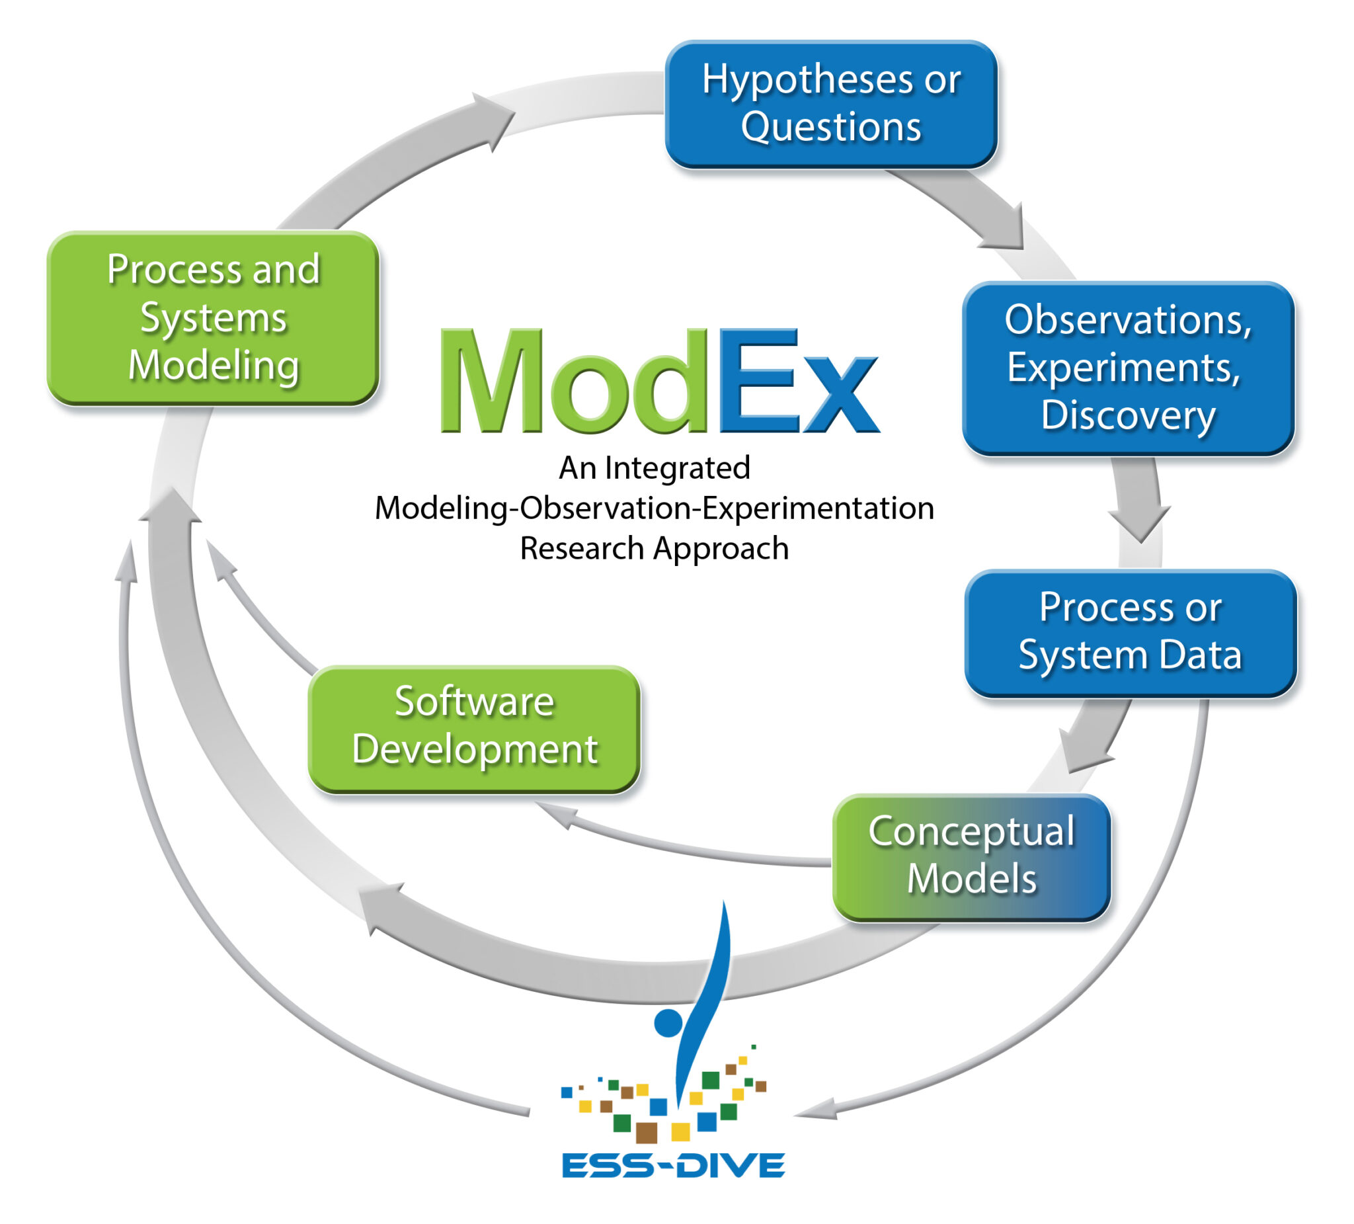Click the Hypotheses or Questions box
pos(831,104)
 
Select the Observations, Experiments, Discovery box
pos(1128,368)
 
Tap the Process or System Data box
pos(1131,633)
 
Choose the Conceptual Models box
pos(971,856)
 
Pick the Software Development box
pos(474,728)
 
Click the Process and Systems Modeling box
pos(213,318)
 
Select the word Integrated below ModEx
pos(677,468)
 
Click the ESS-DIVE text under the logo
pos(673,1164)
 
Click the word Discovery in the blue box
pos(1128,415)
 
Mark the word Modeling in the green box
pos(214,366)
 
